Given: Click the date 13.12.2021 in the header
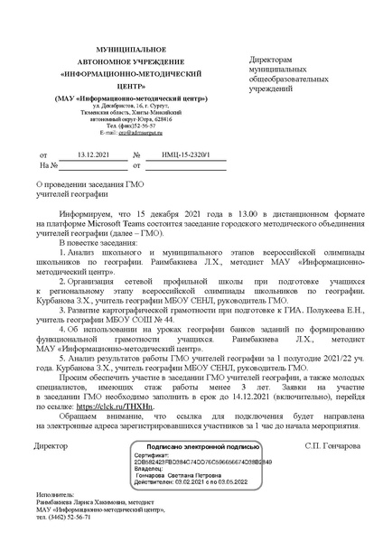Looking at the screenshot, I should [x=93, y=155].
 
